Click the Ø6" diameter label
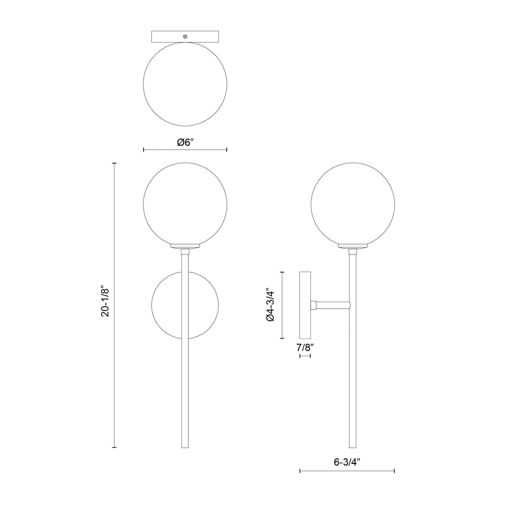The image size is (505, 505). coord(185,143)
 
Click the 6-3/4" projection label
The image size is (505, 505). coord(346,462)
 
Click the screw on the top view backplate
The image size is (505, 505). coord(185,36)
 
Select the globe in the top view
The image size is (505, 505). coord(185,84)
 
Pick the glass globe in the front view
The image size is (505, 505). coord(185,203)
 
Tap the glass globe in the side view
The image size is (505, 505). coord(353,203)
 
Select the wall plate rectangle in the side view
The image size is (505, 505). coord(305,305)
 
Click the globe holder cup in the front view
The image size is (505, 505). coord(185,246)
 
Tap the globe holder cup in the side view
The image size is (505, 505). coord(353,246)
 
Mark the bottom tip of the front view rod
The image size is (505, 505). coord(185,447)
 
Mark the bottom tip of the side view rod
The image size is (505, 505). coord(353,447)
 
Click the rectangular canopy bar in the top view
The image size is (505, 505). coord(206,36)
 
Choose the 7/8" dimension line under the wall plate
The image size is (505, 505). coord(305,356)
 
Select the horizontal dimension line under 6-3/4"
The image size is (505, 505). coord(346,471)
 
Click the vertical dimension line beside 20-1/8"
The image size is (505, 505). coord(114,374)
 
